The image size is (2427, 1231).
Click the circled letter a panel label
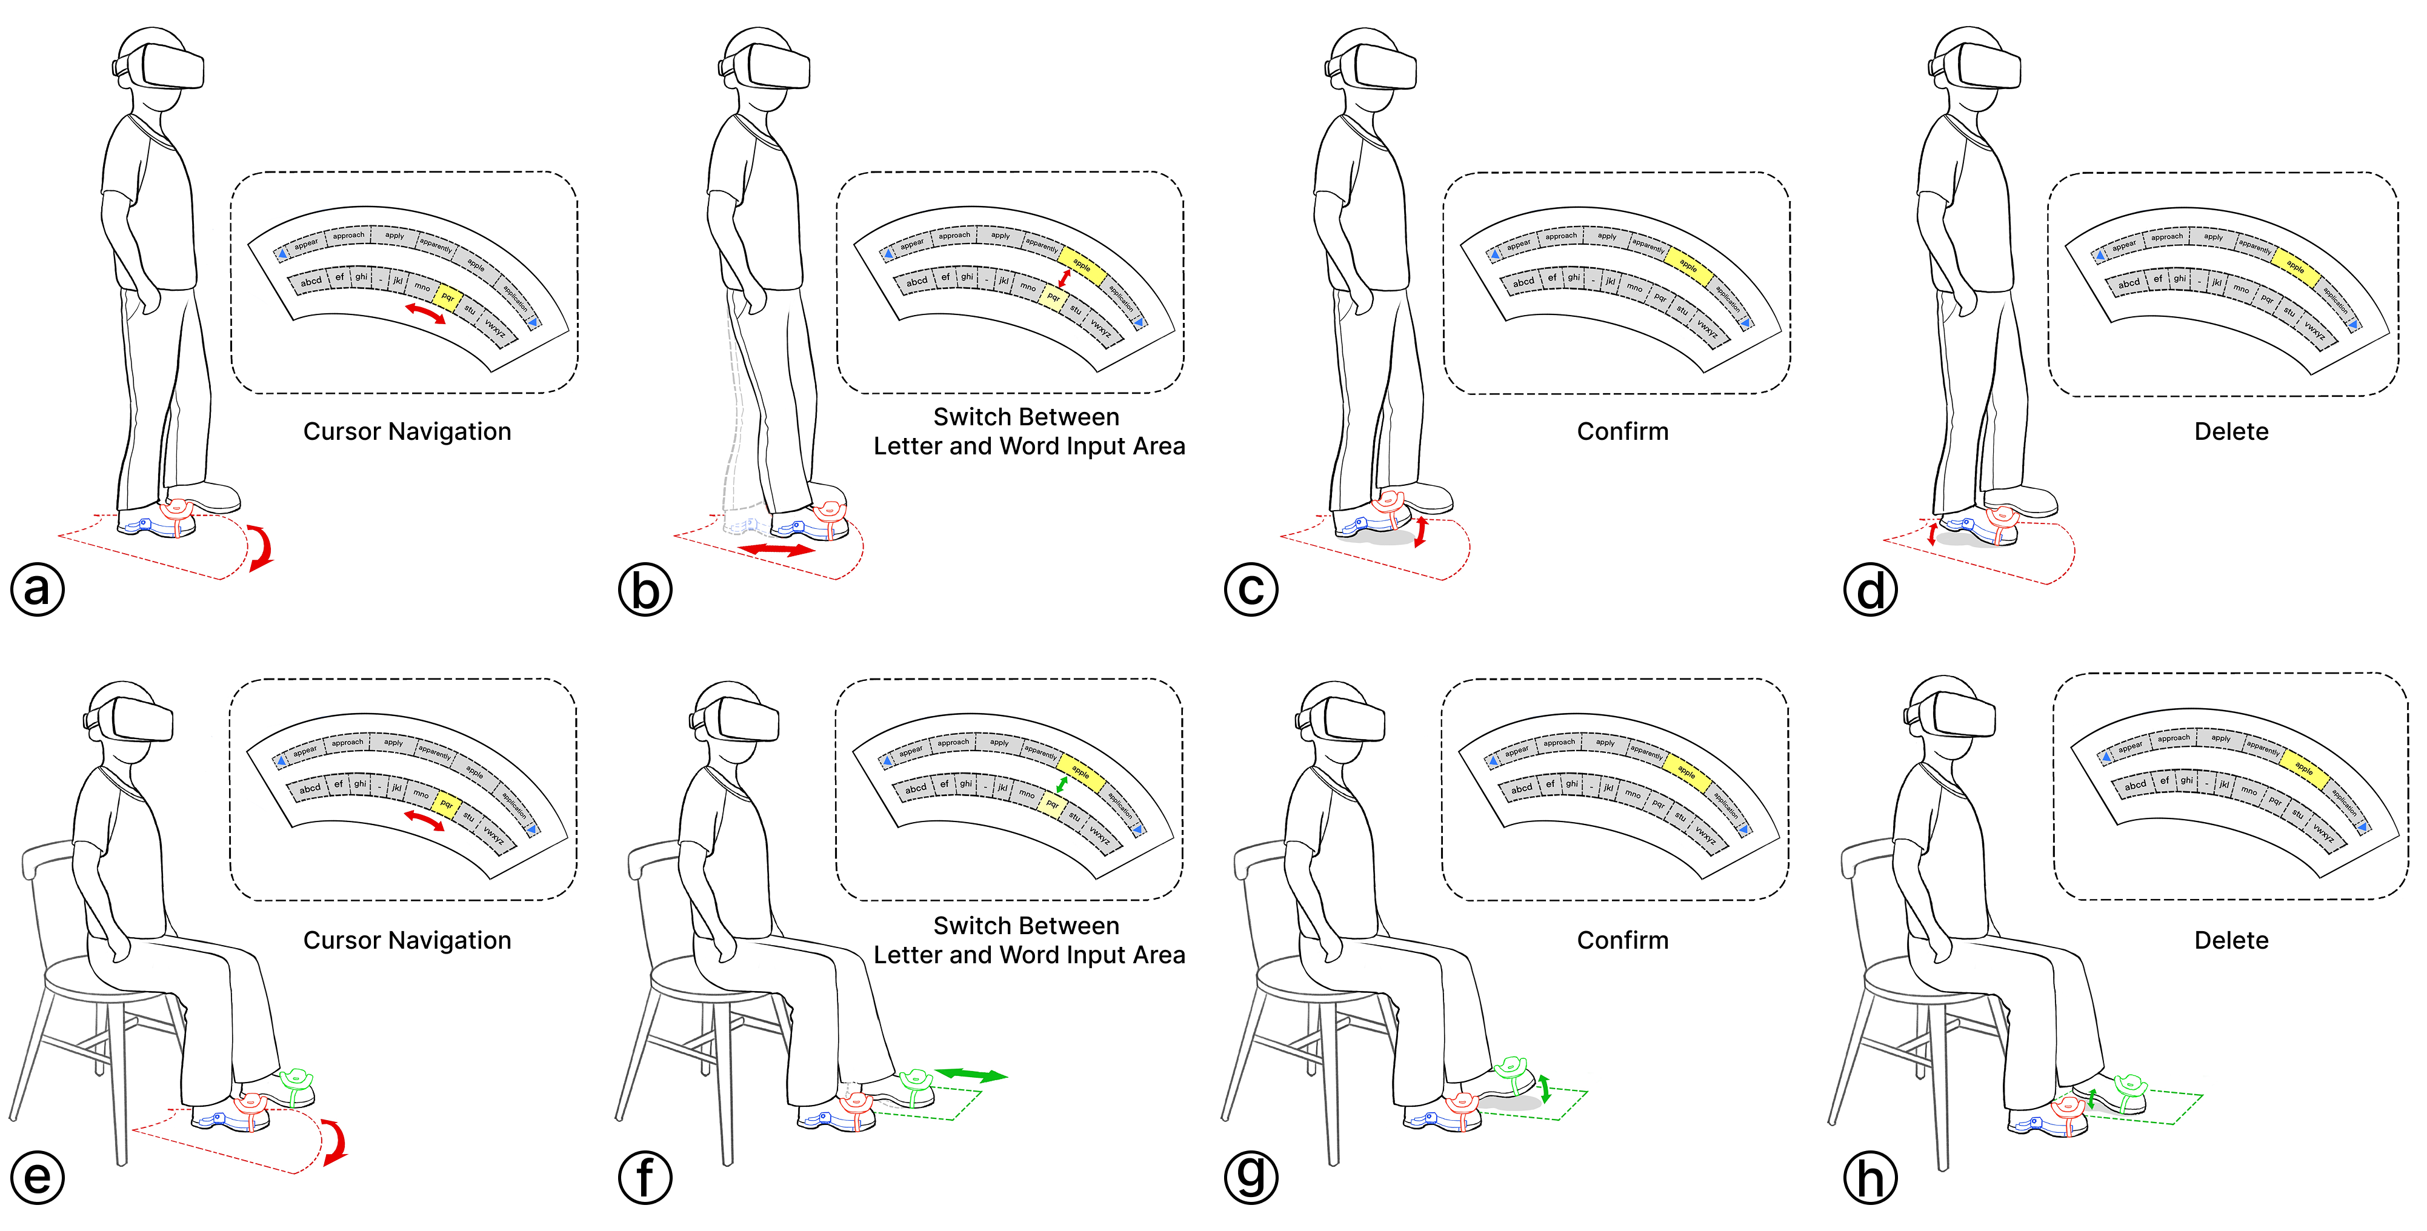click(38, 589)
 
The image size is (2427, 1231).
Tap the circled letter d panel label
click(1870, 589)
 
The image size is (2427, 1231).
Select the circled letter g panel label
click(1251, 1176)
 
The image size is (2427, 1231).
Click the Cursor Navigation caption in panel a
click(407, 431)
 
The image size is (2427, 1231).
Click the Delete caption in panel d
click(2231, 431)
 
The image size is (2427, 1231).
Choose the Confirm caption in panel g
click(1622, 940)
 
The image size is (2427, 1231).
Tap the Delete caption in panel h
click(2231, 940)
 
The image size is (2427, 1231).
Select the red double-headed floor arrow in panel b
click(776, 549)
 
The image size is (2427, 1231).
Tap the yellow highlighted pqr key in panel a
click(447, 297)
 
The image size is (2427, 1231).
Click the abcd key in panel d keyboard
click(2128, 282)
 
